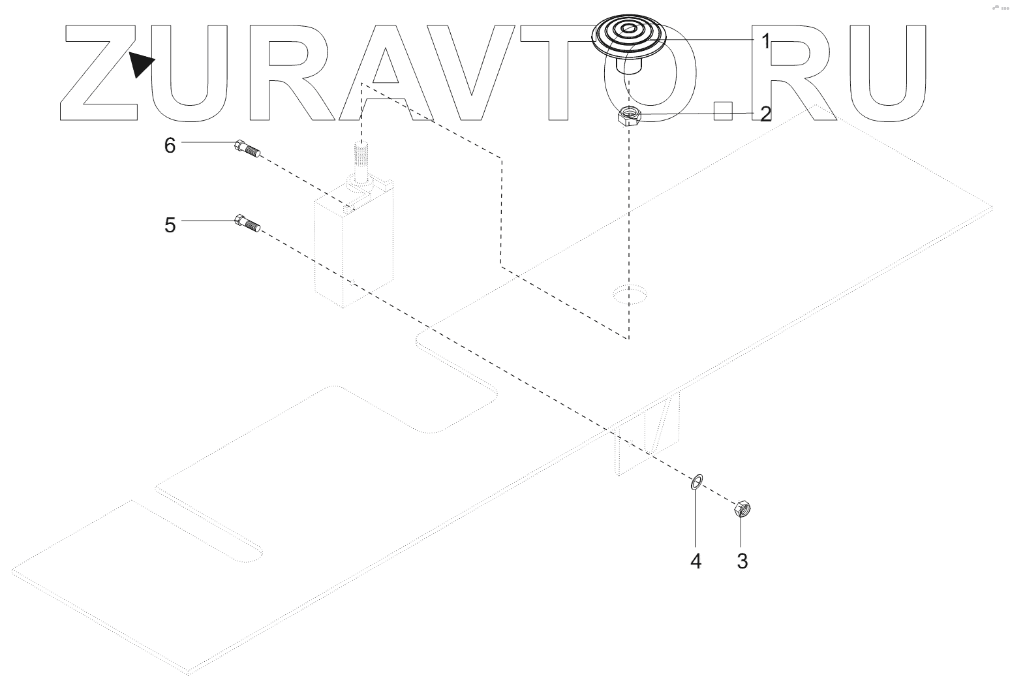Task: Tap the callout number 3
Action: tap(742, 561)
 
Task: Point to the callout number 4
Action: tap(696, 561)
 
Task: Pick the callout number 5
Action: tap(170, 225)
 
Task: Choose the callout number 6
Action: tap(170, 146)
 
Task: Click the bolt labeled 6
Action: tap(247, 149)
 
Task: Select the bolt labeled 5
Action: tap(247, 223)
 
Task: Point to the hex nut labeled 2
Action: tap(630, 117)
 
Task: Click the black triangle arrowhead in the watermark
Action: tap(140, 64)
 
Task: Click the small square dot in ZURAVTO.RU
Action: tap(724, 112)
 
